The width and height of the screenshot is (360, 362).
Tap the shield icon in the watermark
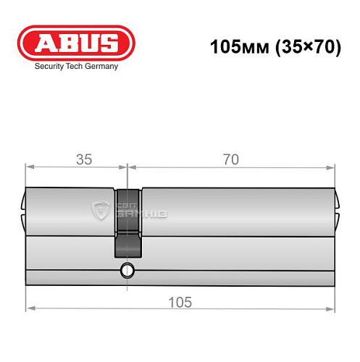99,211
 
